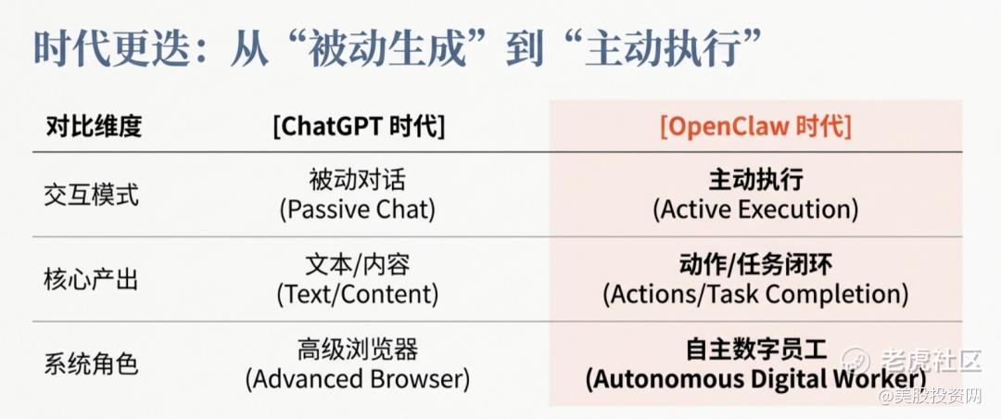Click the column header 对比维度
pos(94,127)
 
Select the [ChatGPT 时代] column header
pos(359,126)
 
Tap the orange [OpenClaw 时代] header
pos(756,126)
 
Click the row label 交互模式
pos(91,195)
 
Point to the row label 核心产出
pos(91,280)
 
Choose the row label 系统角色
pos(91,364)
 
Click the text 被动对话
pos(358,180)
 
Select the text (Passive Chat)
pos(358,209)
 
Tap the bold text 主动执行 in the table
pos(756,180)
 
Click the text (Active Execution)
pos(756,209)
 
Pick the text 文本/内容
pos(358,265)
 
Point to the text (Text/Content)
pos(358,295)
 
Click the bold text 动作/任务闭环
pos(756,265)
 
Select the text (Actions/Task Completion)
pos(756,295)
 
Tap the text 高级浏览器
pos(358,350)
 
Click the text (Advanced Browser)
pos(358,379)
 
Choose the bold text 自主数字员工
pos(756,350)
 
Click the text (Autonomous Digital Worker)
pos(756,379)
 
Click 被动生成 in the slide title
pos(386,48)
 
